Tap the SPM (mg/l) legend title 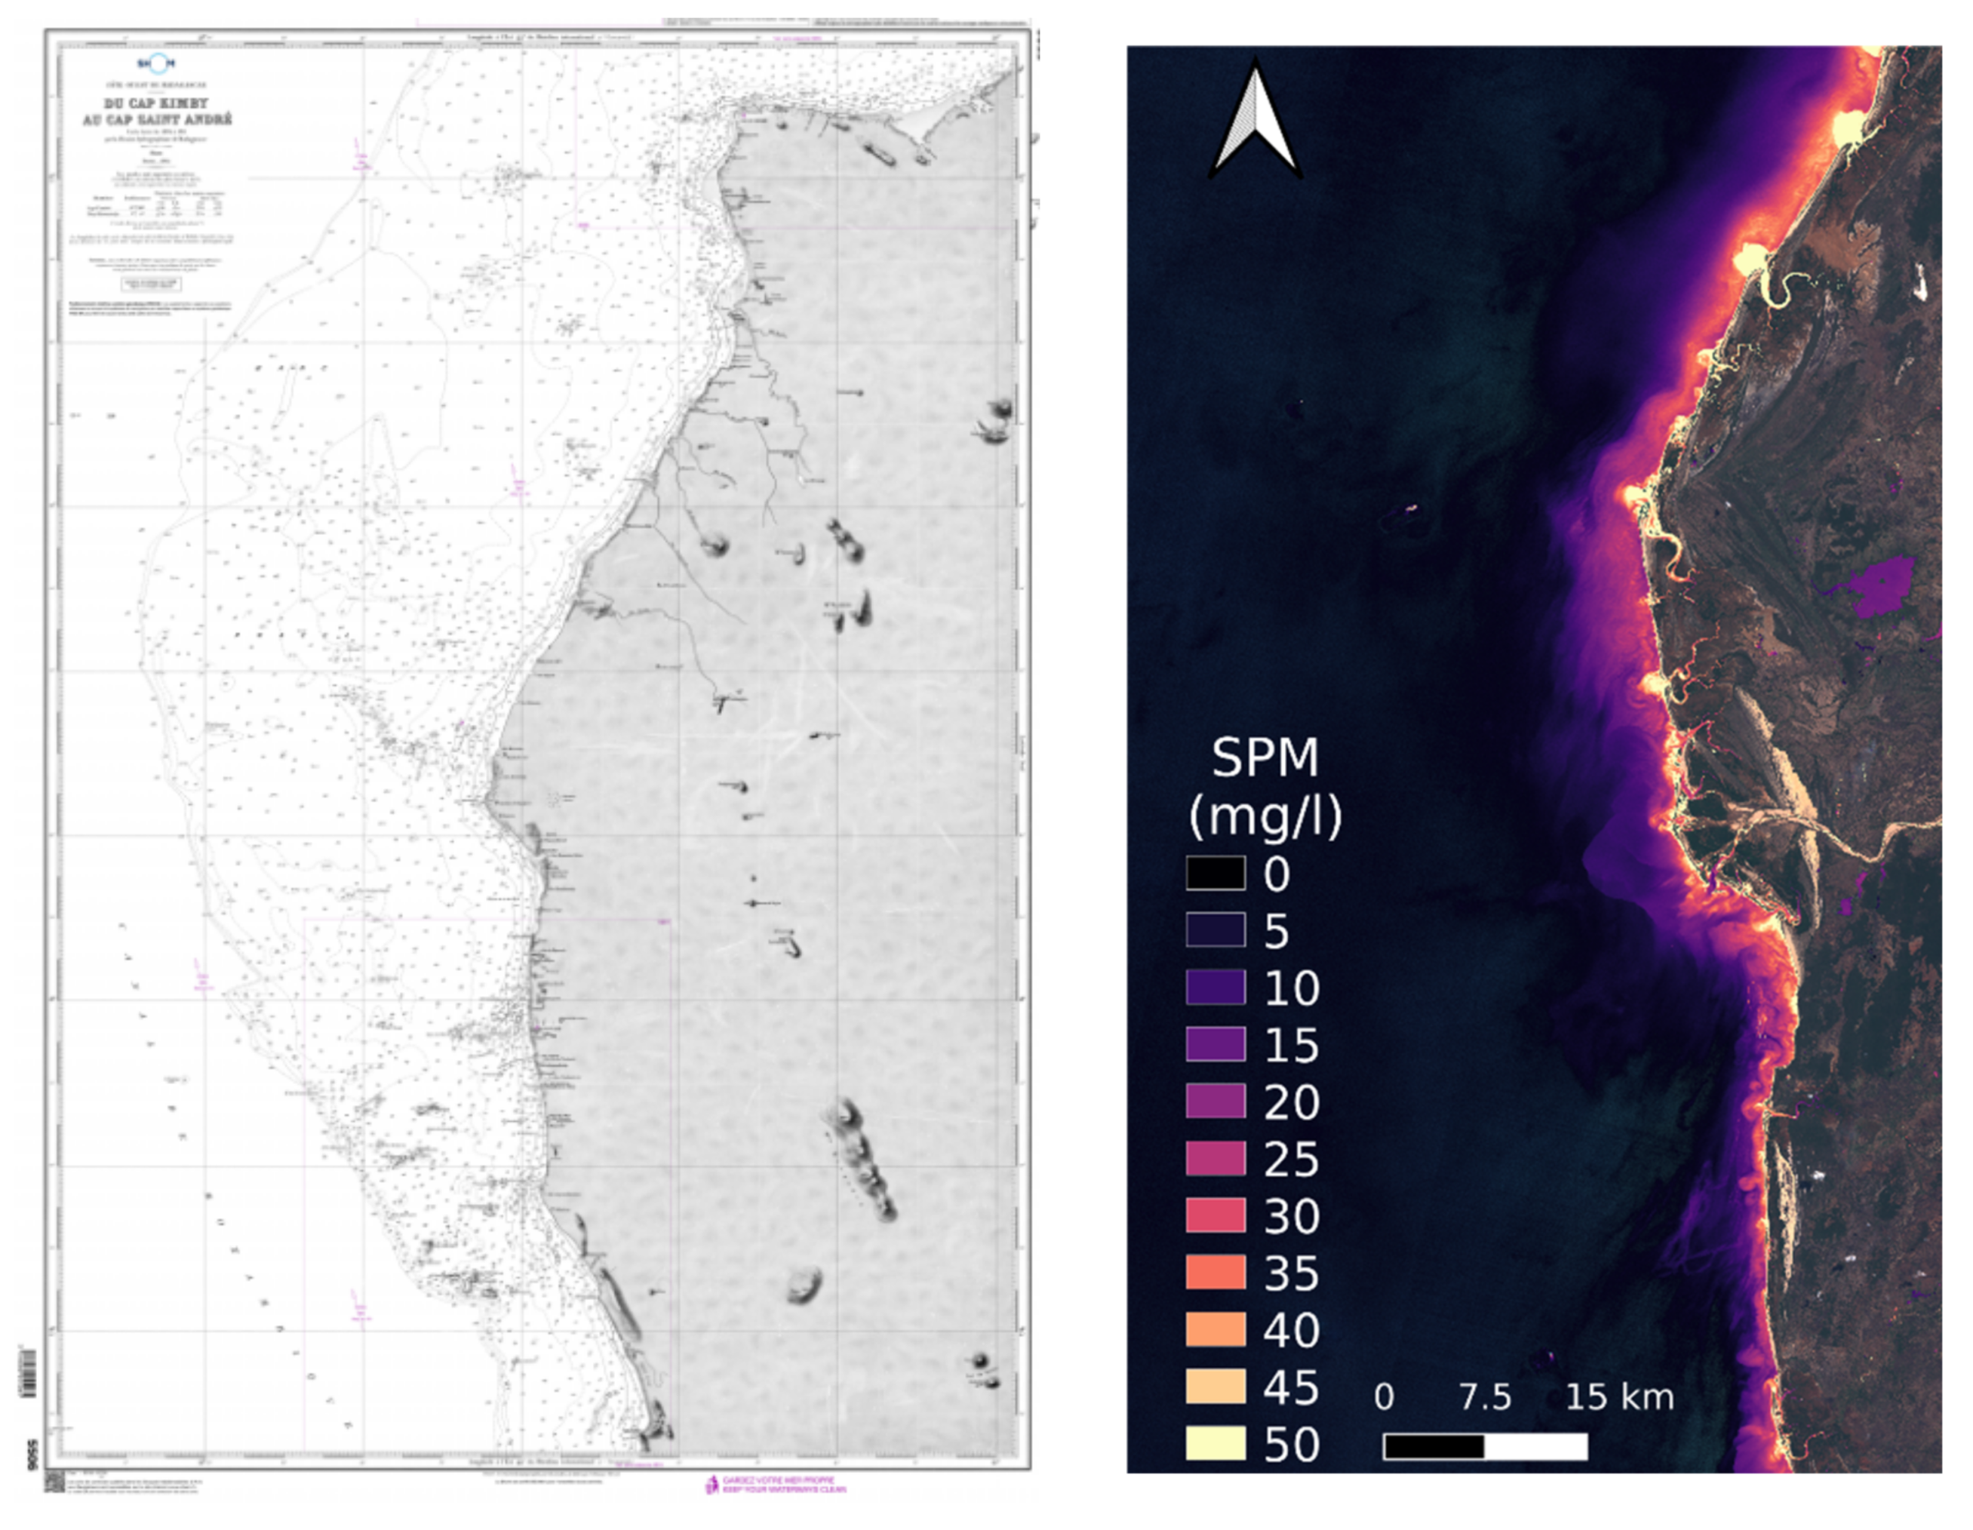point(1265,787)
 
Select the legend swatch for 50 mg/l point(1215,1442)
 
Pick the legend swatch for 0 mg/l point(1215,873)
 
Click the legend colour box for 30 point(1215,1215)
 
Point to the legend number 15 point(1291,1045)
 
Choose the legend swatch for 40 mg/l point(1215,1329)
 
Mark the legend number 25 point(1291,1159)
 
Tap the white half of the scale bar point(1535,1446)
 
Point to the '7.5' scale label point(1486,1396)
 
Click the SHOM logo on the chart point(156,63)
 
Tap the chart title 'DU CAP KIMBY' point(156,103)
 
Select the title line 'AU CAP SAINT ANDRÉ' point(157,119)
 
